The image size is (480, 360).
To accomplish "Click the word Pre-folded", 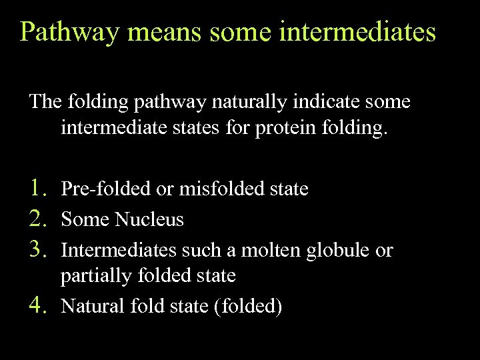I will point(102,190).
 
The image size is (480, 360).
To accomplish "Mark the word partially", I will point(92,276).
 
